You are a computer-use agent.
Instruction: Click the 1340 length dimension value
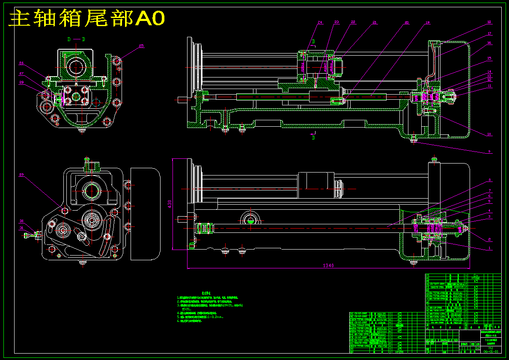328,266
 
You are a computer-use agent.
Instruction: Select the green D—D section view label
76,39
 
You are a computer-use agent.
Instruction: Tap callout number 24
319,22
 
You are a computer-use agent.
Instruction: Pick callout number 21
375,22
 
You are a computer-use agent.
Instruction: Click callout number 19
427,22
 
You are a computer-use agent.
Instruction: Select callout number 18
489,22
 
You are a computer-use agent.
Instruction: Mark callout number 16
489,43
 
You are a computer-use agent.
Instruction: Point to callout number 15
489,58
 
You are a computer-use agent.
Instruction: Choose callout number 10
489,134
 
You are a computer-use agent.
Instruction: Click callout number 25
141,45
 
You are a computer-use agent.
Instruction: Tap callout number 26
21,63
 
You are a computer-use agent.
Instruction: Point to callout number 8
489,180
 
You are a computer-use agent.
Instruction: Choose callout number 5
489,201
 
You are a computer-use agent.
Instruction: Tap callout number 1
489,248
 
